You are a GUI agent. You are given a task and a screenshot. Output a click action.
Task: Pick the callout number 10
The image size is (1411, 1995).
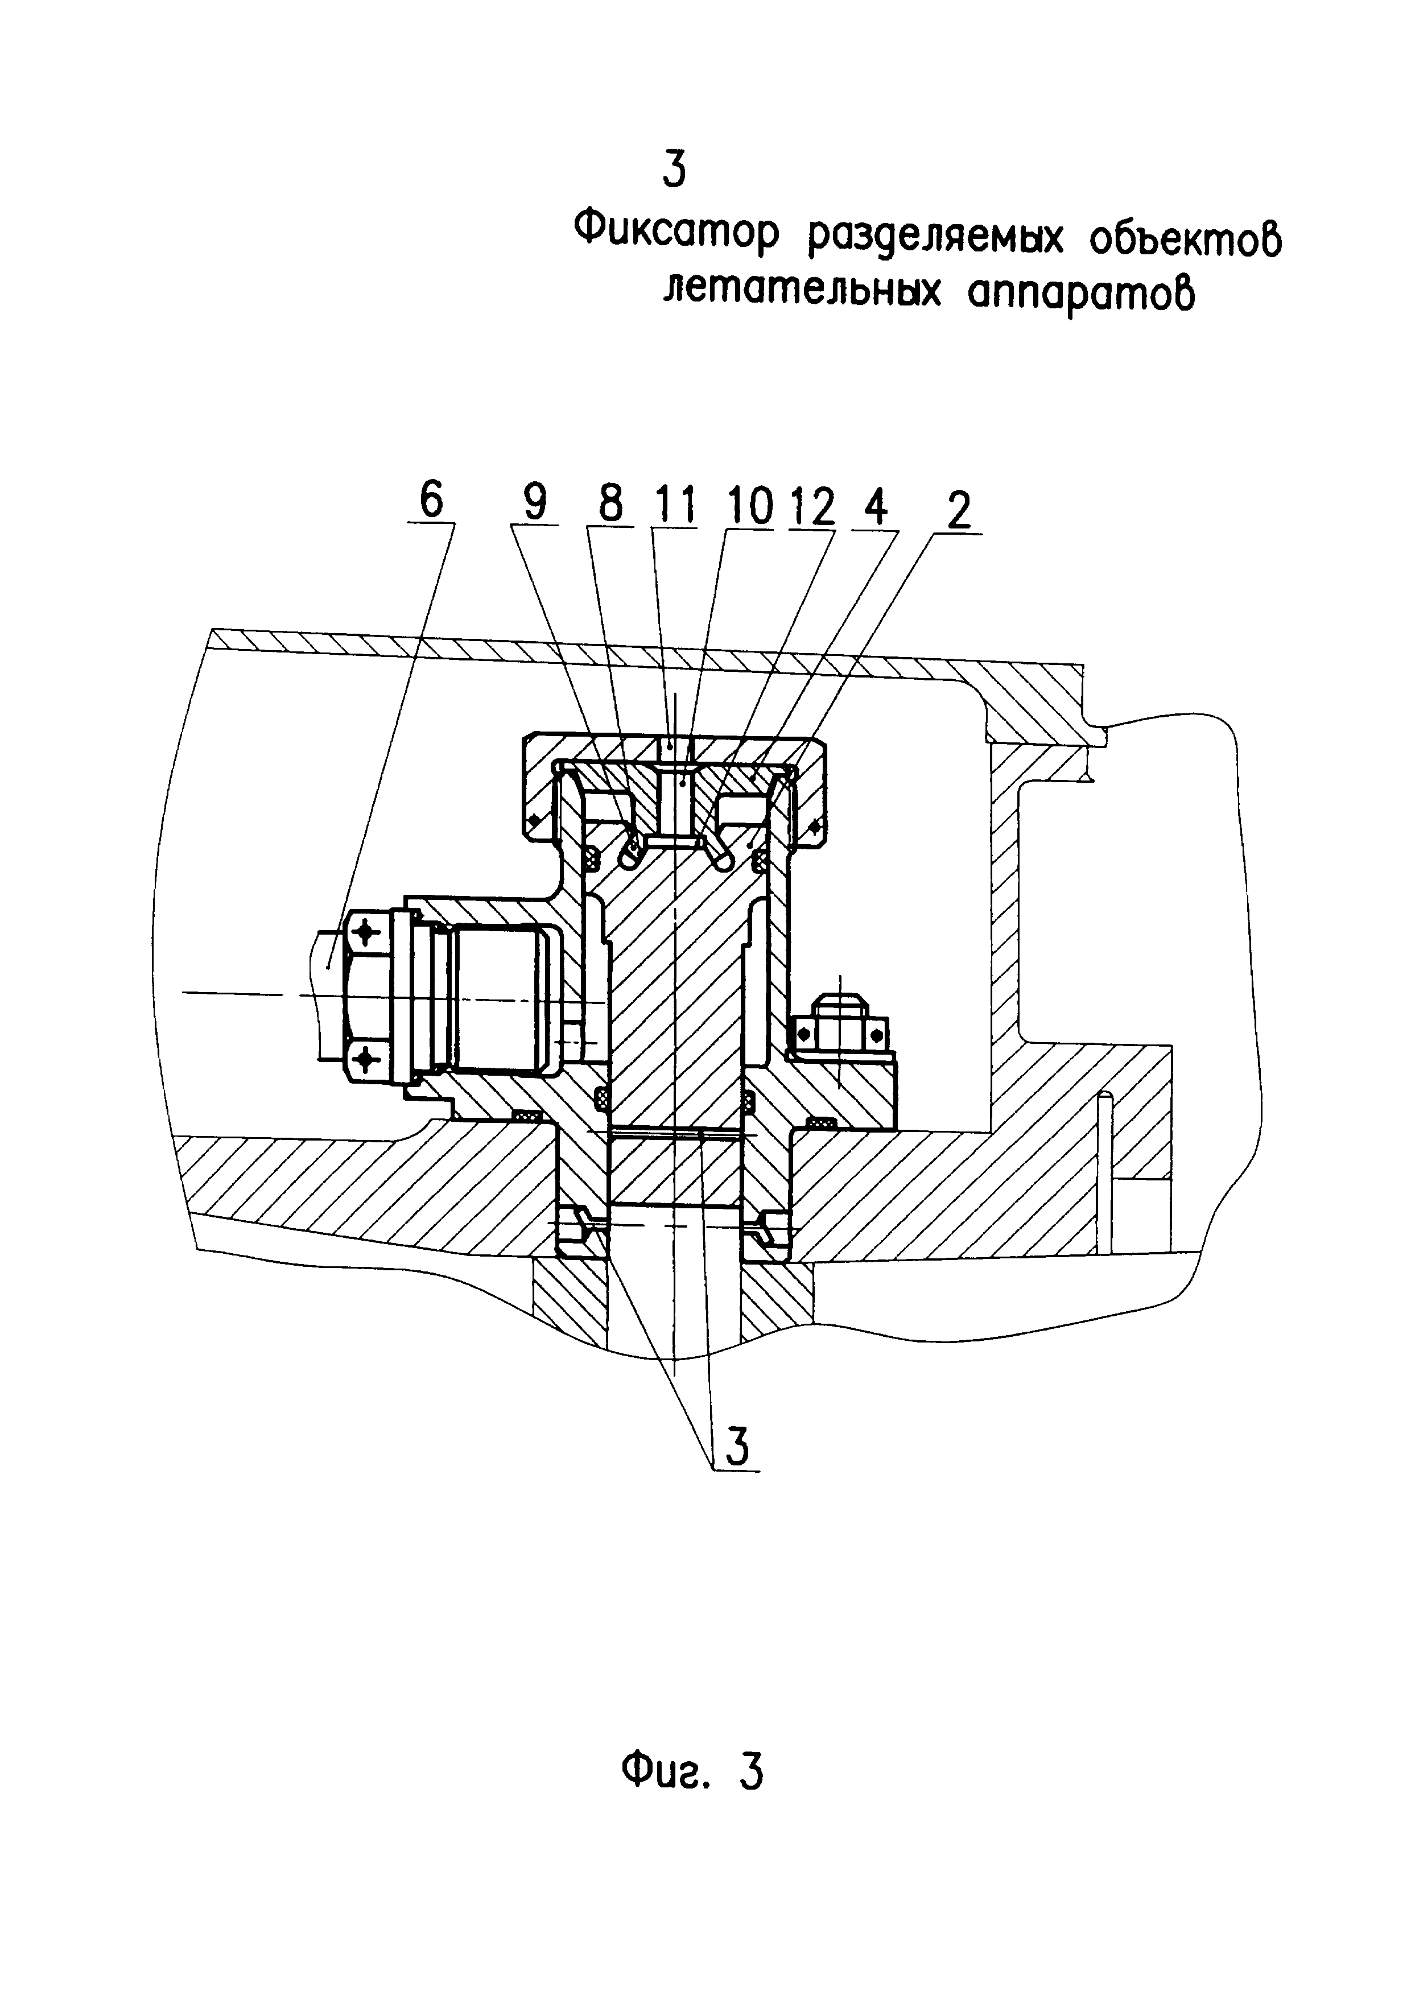pyautogui.click(x=750, y=506)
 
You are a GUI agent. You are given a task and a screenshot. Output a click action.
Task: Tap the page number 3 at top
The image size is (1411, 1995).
pyautogui.click(x=674, y=170)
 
